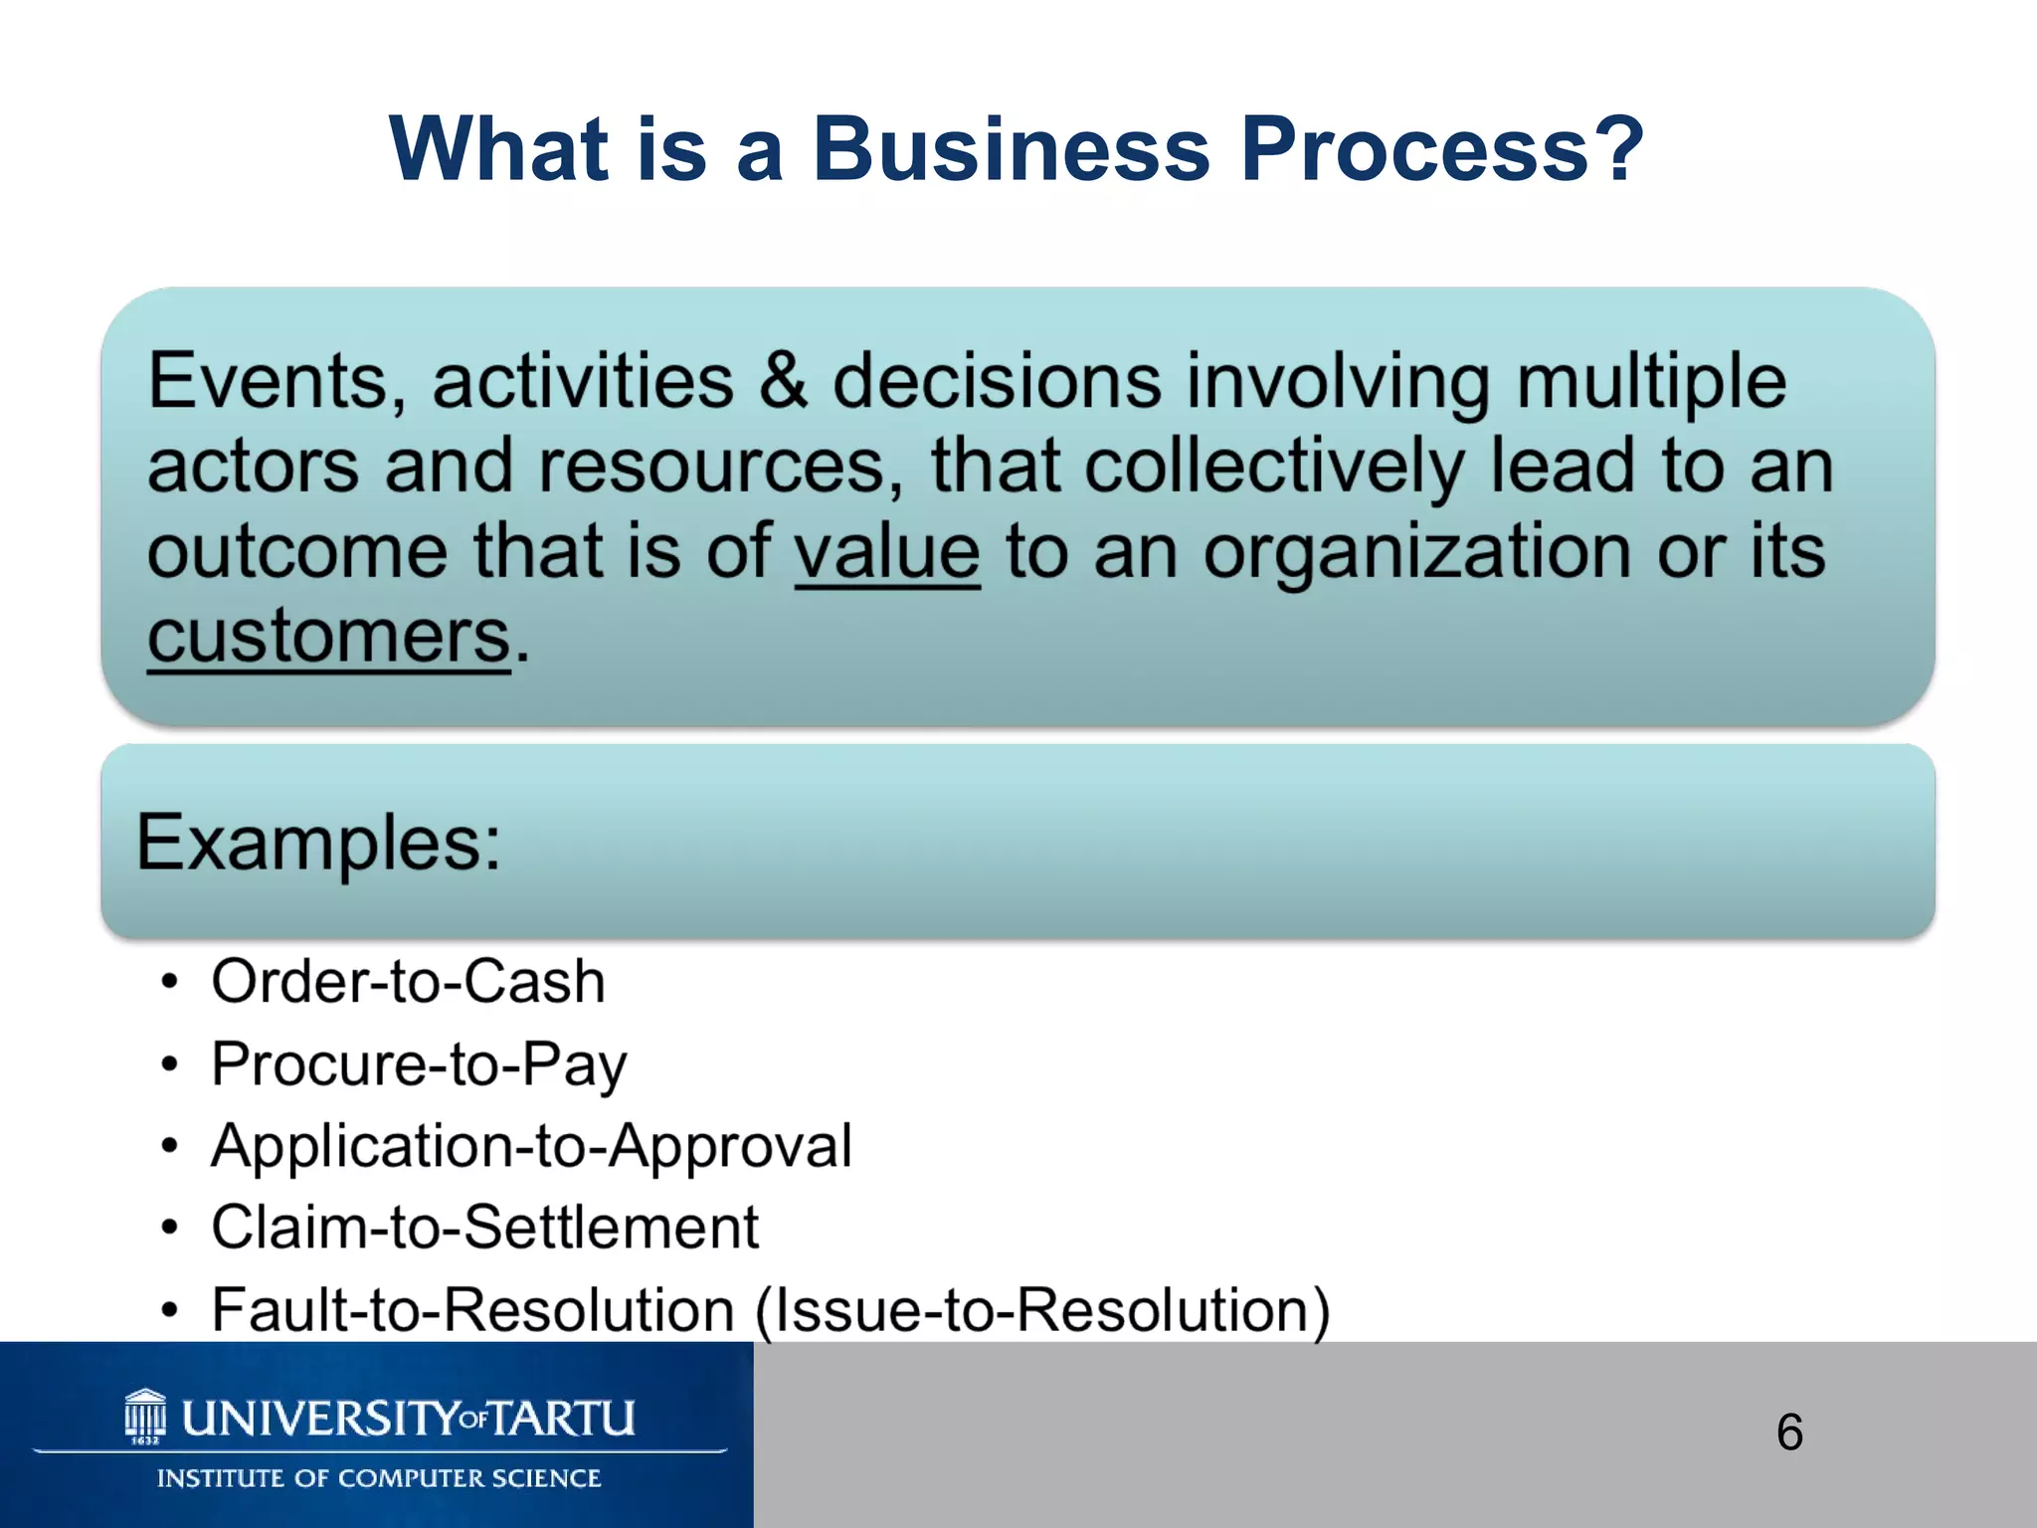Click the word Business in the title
[1012, 149]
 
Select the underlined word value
[886, 552]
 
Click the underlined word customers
[328, 637]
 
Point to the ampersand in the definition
[783, 381]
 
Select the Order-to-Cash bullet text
[408, 982]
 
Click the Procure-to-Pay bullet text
[419, 1064]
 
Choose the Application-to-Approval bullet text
[531, 1146]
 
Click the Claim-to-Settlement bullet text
[484, 1228]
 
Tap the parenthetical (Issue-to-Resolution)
[1041, 1310]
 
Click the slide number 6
[1789, 1432]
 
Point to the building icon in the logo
[145, 1414]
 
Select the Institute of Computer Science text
[379, 1478]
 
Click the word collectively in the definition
[1274, 467]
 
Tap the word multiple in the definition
[1651, 381]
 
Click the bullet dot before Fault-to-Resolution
[170, 1310]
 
